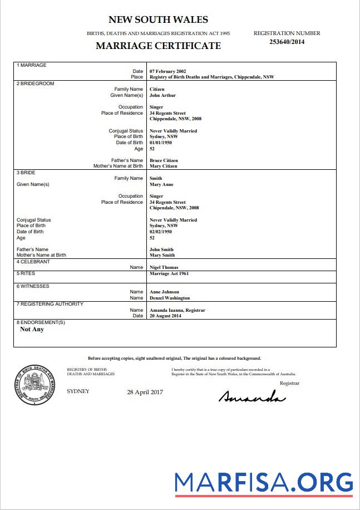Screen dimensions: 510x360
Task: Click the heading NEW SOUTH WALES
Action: click(158, 20)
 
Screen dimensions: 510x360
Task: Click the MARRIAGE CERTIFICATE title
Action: click(158, 46)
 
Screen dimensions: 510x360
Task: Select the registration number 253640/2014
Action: click(287, 41)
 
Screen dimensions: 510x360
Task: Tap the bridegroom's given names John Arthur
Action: click(162, 95)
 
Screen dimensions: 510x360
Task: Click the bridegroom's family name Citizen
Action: click(157, 89)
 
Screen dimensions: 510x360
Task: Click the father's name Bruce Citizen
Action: click(164, 160)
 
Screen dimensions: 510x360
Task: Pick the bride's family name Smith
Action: click(156, 178)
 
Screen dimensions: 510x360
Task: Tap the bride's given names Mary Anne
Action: click(161, 184)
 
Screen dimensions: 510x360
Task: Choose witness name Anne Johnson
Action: click(165, 292)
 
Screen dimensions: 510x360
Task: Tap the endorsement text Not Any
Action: click(32, 329)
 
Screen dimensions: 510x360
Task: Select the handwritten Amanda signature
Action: click(252, 396)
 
